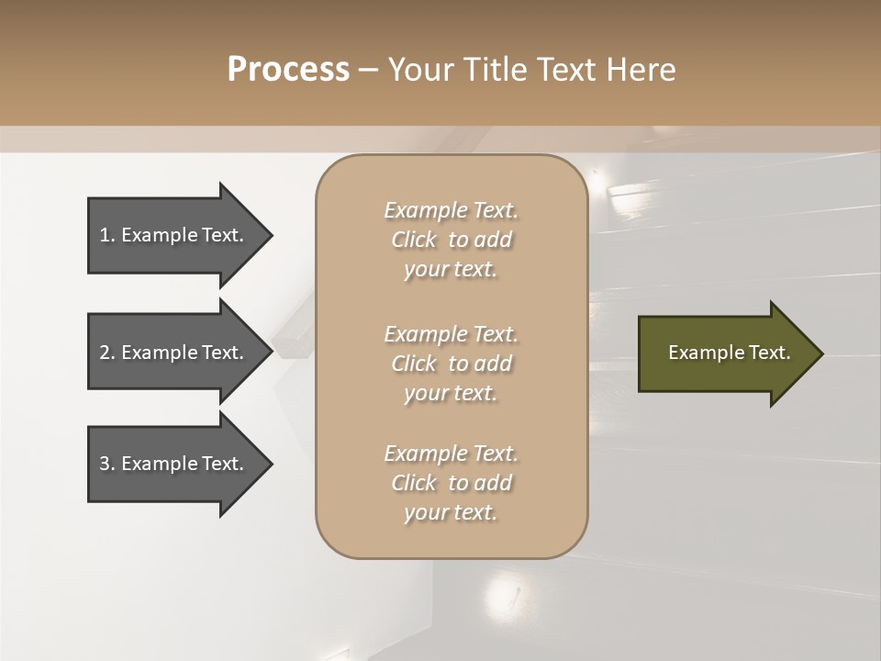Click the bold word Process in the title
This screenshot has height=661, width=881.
point(288,70)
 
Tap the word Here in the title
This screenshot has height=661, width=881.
point(642,70)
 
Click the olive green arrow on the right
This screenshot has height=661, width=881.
point(725,353)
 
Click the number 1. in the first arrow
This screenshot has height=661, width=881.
point(107,235)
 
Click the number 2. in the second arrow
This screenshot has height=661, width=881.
point(107,353)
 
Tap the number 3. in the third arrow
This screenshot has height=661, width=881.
point(107,464)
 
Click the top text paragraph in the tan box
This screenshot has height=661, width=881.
point(451,240)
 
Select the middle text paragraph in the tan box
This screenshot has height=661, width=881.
point(451,363)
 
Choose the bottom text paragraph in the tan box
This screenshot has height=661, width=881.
point(451,483)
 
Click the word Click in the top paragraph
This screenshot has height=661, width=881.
point(414,240)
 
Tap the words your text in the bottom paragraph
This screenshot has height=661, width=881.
point(451,513)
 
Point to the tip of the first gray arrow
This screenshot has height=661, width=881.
point(271,235)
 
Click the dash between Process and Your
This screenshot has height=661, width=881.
point(368,70)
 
